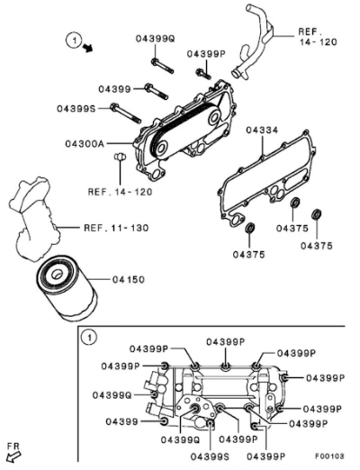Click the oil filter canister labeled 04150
coord(67,288)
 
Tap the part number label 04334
coord(262,131)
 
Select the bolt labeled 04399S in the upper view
coord(125,113)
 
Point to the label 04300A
coord(85,144)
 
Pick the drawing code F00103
coord(329,456)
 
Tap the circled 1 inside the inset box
coord(89,338)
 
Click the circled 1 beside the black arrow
coord(74,40)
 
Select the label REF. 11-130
coord(116,228)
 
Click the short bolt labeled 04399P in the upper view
coord(203,74)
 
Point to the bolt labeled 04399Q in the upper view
coord(162,66)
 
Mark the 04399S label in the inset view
coord(210,456)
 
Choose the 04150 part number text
coord(129,280)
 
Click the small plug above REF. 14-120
coord(120,157)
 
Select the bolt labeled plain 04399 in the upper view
coord(157,91)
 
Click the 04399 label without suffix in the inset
coord(121,421)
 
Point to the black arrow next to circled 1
coord(88,48)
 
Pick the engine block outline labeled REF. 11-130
coord(34,217)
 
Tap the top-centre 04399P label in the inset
coord(226,342)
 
